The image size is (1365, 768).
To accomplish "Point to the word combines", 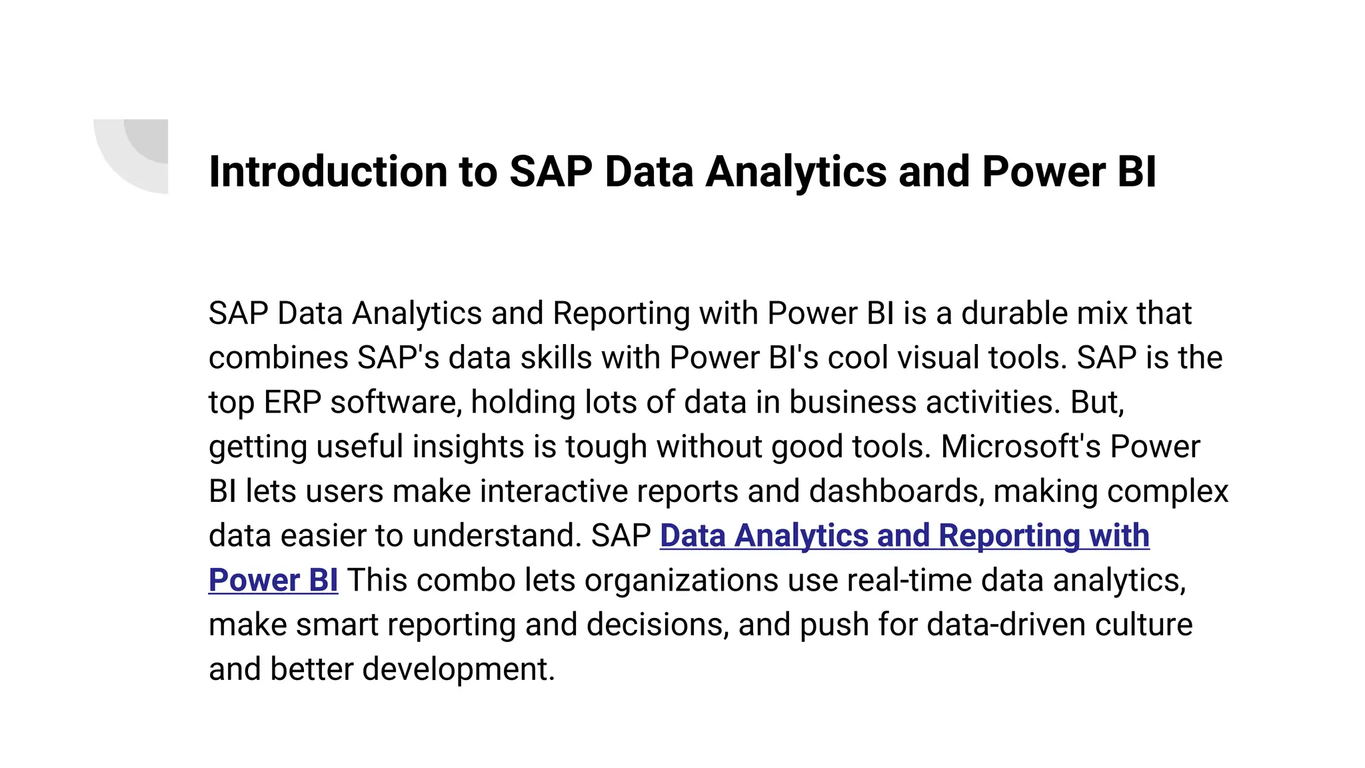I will pyautogui.click(x=278, y=358).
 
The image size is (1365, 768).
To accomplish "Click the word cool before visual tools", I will pyautogui.click(x=858, y=358).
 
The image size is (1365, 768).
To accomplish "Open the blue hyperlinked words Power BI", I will pyautogui.click(x=273, y=580).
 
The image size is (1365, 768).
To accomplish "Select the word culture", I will pyautogui.click(x=1144, y=625).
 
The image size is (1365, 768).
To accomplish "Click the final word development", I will pyautogui.click(x=458, y=669).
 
